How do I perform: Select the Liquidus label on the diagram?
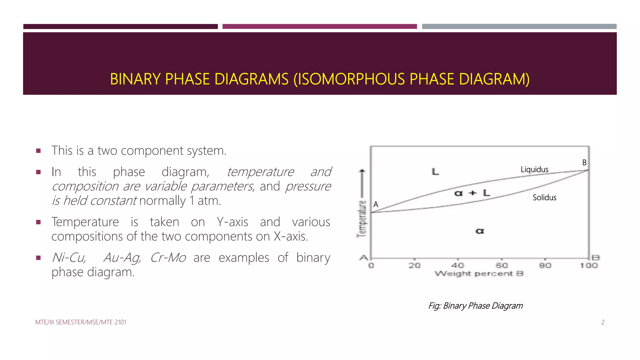point(534,170)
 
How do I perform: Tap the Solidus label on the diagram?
point(544,197)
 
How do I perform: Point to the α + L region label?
point(472,193)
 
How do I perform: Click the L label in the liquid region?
point(435,172)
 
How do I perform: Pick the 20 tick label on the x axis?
point(414,266)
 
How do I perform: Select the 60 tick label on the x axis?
point(502,266)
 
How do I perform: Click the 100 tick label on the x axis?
point(589,266)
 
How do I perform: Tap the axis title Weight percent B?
point(479,274)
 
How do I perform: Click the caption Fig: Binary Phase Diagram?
point(475,306)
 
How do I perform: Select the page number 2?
point(603,322)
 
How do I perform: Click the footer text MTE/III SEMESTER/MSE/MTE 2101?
point(81,322)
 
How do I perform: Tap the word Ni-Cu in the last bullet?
point(69,258)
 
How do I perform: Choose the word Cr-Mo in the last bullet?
point(168,258)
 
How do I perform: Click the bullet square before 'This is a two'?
point(38,151)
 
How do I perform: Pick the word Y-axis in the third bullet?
point(232,222)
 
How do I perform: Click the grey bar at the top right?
point(519,27)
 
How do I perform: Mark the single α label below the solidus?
point(480,231)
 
